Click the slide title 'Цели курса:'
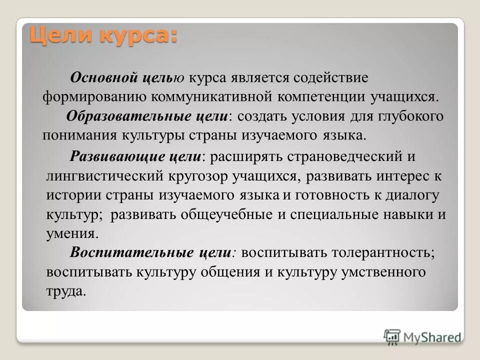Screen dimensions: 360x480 tap(102, 36)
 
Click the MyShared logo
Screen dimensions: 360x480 tap(422, 336)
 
